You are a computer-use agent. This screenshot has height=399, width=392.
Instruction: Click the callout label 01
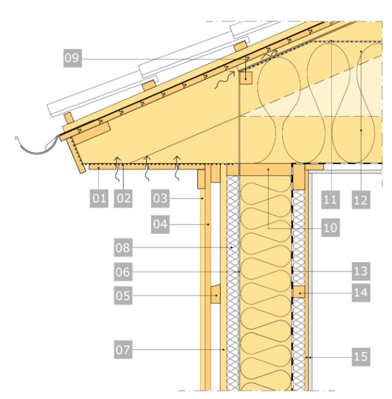99,198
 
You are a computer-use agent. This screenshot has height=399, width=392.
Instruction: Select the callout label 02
123,198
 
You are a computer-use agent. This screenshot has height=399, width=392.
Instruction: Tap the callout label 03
160,198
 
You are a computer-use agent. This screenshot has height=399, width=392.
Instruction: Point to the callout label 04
160,224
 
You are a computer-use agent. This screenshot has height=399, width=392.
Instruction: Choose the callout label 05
123,295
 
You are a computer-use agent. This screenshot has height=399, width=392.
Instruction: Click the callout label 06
123,272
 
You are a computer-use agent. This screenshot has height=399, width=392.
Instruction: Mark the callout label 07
123,349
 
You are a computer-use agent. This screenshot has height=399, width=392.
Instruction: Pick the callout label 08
123,247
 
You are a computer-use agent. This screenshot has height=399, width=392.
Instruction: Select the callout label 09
72,58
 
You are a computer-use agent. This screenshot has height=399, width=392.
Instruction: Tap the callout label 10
330,227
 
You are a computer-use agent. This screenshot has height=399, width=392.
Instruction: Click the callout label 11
330,199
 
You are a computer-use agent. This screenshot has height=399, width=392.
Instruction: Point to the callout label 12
361,199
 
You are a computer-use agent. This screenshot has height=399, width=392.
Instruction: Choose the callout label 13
361,271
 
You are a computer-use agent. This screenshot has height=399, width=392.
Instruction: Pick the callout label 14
361,292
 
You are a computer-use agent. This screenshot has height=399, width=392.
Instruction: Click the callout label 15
361,357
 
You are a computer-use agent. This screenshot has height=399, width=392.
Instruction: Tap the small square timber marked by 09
246,78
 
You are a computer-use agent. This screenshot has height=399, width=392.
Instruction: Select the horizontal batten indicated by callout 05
216,294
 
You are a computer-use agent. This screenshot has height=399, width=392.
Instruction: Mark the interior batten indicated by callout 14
299,292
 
